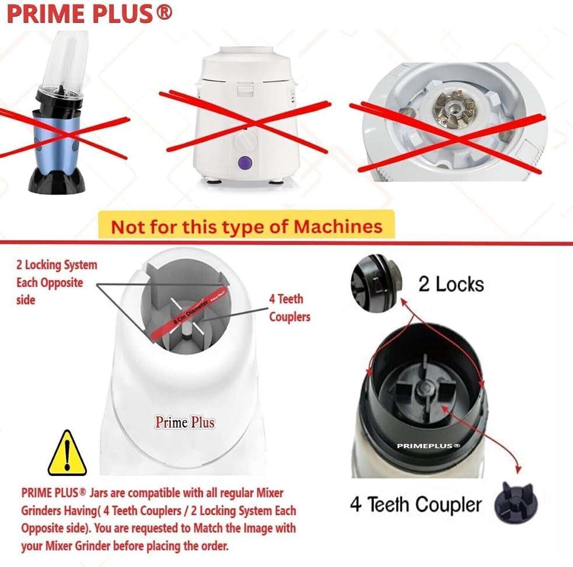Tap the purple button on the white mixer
[x=246, y=163]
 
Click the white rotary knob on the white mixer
[x=246, y=142]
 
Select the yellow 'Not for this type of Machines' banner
[x=246, y=226]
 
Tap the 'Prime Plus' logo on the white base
[x=184, y=422]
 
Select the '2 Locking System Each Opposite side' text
[x=57, y=282]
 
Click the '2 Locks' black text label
[x=451, y=284]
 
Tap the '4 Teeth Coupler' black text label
[x=416, y=503]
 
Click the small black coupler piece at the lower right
[x=517, y=502]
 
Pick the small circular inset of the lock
[x=376, y=283]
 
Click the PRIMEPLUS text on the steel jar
[x=428, y=446]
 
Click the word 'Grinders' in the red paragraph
[x=47, y=511]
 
